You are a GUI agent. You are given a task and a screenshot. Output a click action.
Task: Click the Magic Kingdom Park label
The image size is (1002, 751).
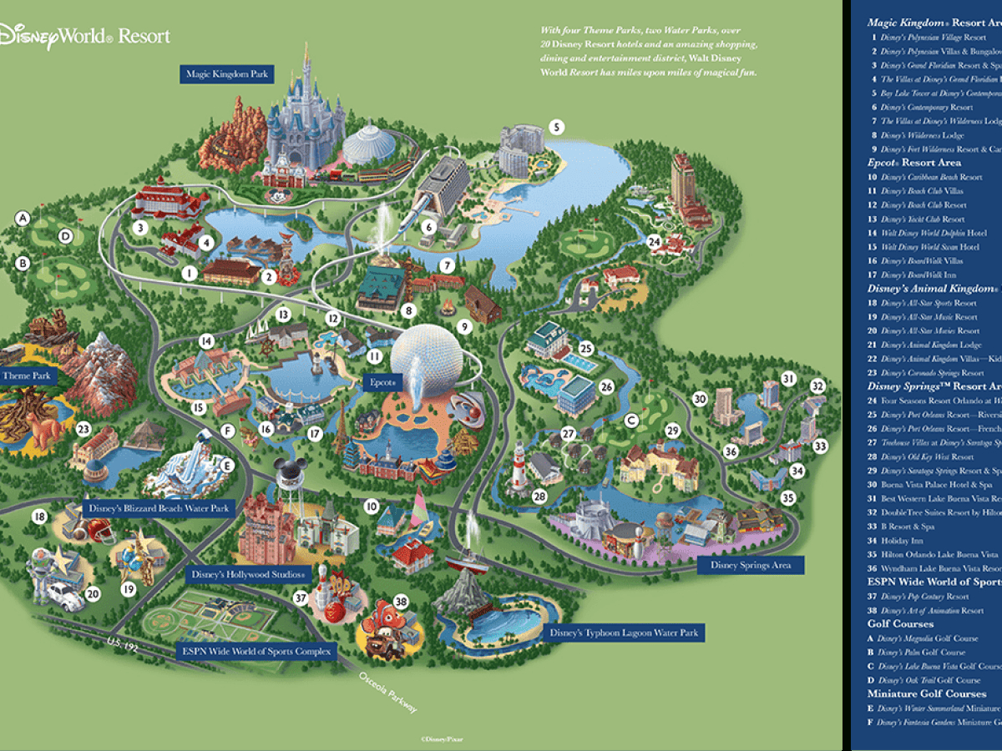[x=227, y=74]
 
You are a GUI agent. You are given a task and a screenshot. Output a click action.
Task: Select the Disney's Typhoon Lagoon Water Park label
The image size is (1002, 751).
[x=624, y=633]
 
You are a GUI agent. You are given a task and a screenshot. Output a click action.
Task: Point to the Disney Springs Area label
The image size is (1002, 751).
[x=750, y=565]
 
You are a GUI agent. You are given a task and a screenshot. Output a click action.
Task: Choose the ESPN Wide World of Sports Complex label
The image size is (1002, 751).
[x=256, y=651]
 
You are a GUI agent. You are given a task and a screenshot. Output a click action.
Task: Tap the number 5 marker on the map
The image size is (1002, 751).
[x=556, y=128]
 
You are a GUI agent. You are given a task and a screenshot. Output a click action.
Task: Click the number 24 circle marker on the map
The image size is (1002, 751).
[x=655, y=243]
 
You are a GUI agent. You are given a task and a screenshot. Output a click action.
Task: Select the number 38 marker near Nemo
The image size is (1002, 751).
[x=401, y=601]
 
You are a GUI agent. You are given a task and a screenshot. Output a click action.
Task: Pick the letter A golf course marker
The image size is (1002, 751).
[x=23, y=219]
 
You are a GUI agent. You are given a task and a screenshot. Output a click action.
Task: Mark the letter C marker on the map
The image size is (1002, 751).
[x=632, y=419]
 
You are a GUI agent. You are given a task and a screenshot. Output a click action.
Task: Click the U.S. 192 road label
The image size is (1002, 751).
[x=123, y=643]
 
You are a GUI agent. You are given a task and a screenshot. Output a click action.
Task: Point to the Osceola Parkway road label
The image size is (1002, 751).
[x=388, y=693]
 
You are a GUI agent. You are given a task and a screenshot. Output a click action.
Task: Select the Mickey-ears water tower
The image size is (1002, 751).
[x=289, y=476]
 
